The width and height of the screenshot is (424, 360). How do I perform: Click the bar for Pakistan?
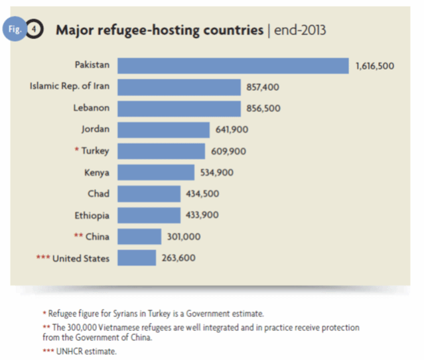coord(233,66)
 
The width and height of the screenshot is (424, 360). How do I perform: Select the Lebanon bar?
coord(179,109)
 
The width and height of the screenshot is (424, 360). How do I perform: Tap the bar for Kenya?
coord(157,172)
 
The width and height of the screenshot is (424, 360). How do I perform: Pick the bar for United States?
coord(137,258)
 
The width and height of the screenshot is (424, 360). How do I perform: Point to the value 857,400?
coord(263,88)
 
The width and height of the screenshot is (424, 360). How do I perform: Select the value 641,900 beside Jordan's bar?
coord(233,130)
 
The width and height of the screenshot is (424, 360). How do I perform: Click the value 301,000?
coord(184,237)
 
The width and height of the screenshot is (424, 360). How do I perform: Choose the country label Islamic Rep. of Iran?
coord(69,87)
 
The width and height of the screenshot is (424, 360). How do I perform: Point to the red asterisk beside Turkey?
coord(77,150)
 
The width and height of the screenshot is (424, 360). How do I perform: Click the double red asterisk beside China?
coord(79,236)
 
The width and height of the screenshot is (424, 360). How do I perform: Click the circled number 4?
coord(35,31)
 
